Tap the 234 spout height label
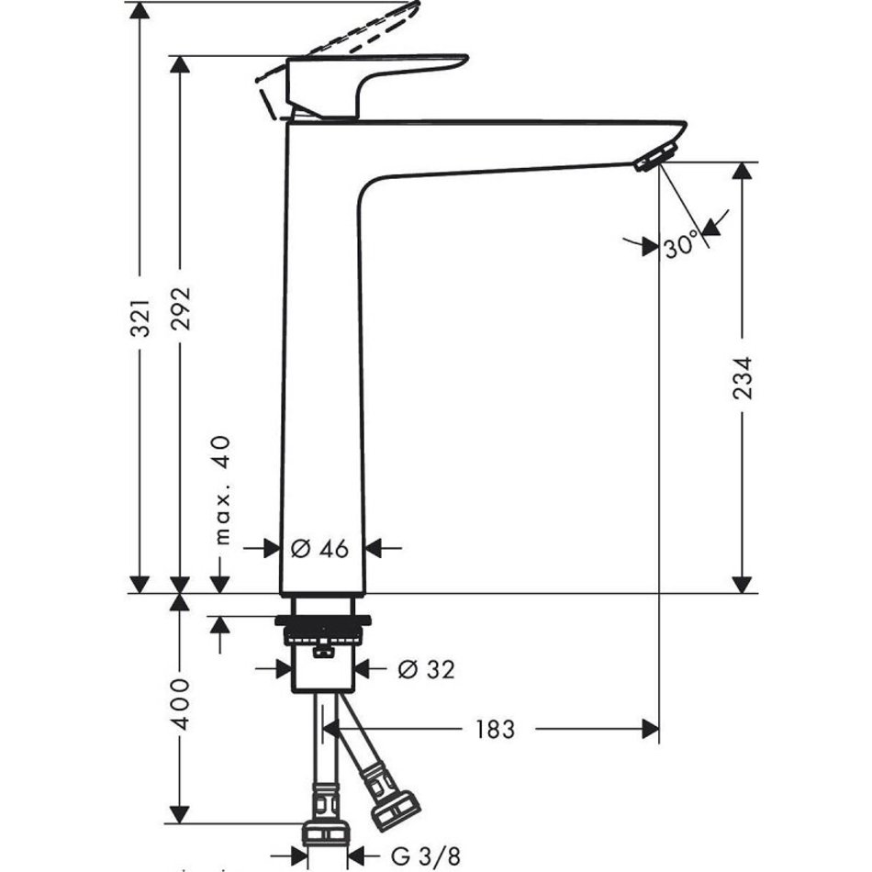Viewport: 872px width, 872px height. click(743, 376)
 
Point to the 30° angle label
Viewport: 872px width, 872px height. click(681, 246)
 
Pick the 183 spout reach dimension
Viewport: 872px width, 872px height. click(496, 730)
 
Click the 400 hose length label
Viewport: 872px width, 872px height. click(181, 704)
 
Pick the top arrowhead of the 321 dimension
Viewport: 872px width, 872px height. click(140, 11)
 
